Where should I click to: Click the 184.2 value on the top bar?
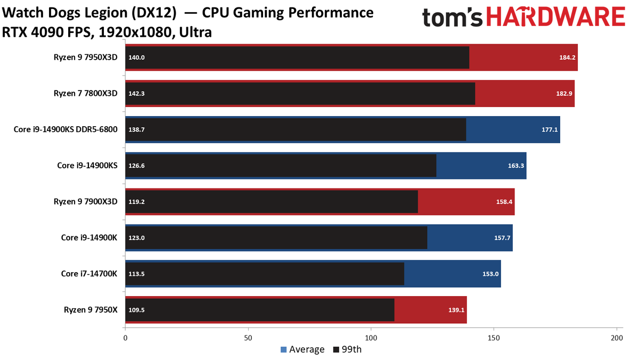(x=567, y=58)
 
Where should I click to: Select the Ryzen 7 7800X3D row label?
(x=86, y=94)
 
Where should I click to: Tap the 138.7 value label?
(x=136, y=130)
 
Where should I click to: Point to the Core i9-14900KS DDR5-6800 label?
(x=65, y=129)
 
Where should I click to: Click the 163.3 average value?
(x=516, y=166)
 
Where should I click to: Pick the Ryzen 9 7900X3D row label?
(x=86, y=202)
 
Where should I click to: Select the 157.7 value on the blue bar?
(x=502, y=238)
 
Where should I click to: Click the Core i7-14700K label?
(x=89, y=274)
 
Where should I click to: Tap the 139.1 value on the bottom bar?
(x=456, y=310)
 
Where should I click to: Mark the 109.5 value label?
(x=136, y=310)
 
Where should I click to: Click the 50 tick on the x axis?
(x=248, y=338)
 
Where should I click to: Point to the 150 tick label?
(x=494, y=338)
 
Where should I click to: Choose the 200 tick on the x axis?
(x=617, y=338)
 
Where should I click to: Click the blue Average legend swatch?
(x=283, y=349)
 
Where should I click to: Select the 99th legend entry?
(x=347, y=349)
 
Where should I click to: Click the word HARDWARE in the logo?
(x=556, y=17)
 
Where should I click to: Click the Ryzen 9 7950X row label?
(x=91, y=310)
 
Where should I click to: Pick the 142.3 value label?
(x=136, y=94)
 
